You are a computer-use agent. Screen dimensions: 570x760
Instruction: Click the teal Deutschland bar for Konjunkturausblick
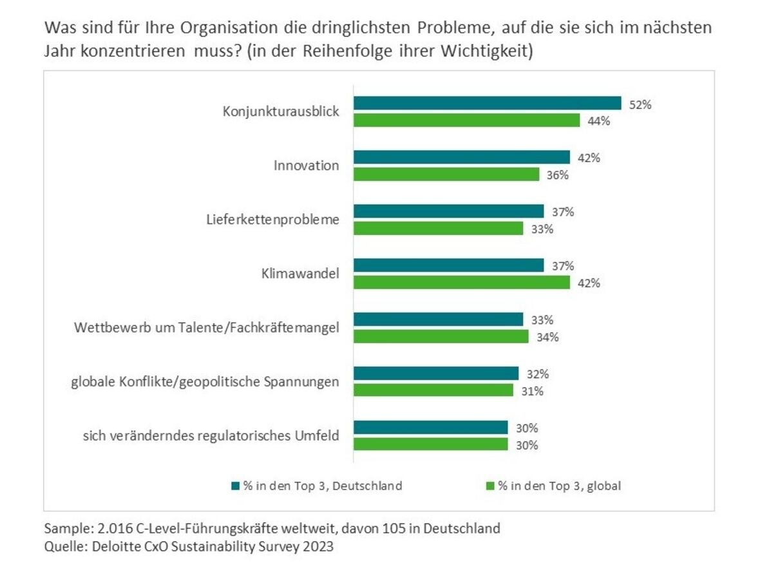pyautogui.click(x=488, y=104)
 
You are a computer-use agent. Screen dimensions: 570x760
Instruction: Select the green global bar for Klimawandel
pyautogui.click(x=462, y=282)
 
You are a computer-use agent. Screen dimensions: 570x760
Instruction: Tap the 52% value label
pyautogui.click(x=640, y=104)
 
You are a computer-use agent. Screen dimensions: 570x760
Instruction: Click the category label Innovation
pyautogui.click(x=306, y=166)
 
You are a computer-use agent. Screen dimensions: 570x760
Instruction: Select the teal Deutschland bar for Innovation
pyautogui.click(x=462, y=157)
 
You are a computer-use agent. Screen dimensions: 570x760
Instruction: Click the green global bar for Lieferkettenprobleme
pyautogui.click(x=438, y=229)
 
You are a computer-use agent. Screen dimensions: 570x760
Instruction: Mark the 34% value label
pyautogui.click(x=547, y=337)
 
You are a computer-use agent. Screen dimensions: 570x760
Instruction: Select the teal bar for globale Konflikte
pyautogui.click(x=436, y=374)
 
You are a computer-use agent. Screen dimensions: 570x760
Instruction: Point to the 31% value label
pyautogui.click(x=531, y=391)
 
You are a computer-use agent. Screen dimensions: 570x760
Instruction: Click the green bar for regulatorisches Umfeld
pyautogui.click(x=430, y=444)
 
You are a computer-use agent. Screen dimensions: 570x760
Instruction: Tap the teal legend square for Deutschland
pyautogui.click(x=236, y=486)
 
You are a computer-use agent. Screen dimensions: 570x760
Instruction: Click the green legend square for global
pyautogui.click(x=491, y=486)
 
